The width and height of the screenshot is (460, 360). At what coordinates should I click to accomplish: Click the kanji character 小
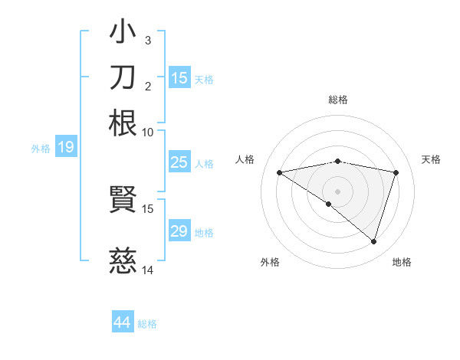click(x=123, y=33)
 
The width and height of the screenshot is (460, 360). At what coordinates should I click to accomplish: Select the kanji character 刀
click(x=123, y=77)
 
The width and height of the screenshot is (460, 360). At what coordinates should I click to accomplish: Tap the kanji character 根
click(x=123, y=123)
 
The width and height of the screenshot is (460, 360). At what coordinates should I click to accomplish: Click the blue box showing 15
click(x=179, y=77)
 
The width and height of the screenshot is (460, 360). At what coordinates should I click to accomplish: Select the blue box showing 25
click(x=179, y=162)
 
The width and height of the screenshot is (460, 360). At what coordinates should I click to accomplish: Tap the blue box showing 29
click(x=179, y=231)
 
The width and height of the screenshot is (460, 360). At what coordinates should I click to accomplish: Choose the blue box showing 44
click(x=122, y=322)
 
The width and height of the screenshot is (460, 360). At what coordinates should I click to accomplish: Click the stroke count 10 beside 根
click(x=148, y=132)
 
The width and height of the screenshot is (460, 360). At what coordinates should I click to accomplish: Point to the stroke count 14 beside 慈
click(x=148, y=270)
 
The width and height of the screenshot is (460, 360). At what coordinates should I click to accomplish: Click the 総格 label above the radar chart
click(x=338, y=100)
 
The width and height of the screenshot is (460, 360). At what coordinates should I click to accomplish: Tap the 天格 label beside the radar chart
click(x=432, y=159)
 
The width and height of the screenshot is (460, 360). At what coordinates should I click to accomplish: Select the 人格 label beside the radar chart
click(x=245, y=159)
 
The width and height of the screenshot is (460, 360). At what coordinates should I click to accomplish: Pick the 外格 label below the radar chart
click(x=270, y=262)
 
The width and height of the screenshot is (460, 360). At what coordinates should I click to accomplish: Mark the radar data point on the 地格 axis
click(x=373, y=242)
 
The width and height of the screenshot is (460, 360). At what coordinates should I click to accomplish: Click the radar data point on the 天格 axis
click(x=396, y=172)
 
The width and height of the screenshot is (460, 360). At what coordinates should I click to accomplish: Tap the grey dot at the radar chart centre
click(x=338, y=191)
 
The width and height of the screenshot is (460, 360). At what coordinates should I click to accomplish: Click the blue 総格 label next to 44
click(x=147, y=324)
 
